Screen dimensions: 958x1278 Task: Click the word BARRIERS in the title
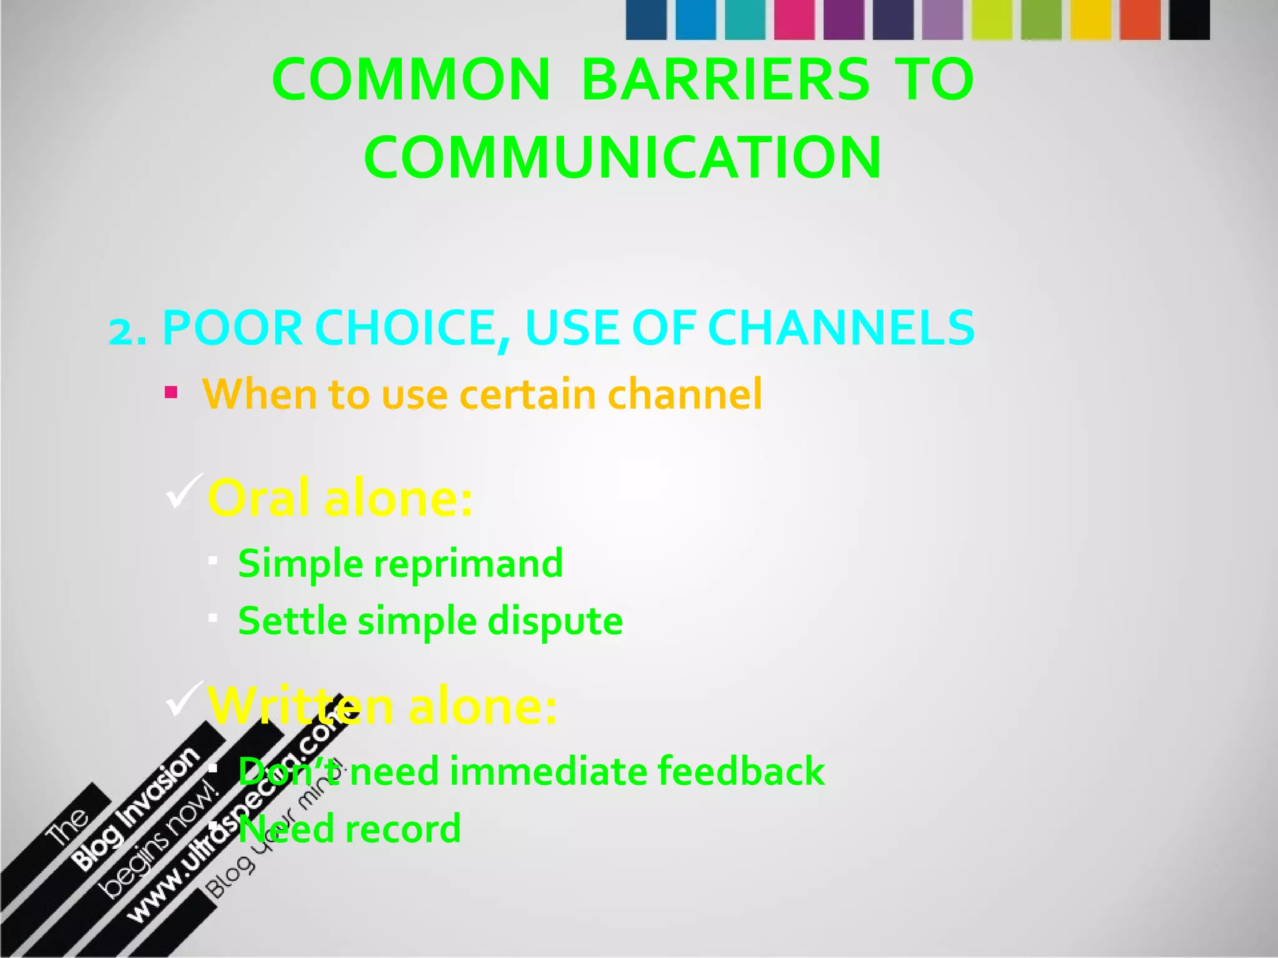click(x=725, y=80)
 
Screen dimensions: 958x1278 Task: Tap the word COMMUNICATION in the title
click(x=623, y=157)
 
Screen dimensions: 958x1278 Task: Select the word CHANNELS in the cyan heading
click(x=841, y=328)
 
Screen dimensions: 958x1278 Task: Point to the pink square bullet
click(x=171, y=392)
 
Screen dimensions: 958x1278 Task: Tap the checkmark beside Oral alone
click(x=183, y=491)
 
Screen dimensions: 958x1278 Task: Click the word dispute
click(x=555, y=621)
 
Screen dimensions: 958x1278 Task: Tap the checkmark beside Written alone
click(x=183, y=699)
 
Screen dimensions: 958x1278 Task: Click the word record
click(x=403, y=829)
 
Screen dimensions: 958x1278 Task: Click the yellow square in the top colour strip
click(x=1091, y=20)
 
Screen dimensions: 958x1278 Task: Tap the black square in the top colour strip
click(x=1189, y=20)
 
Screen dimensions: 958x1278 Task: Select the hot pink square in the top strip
click(x=794, y=20)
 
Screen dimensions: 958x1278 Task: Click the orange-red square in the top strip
click(x=1140, y=20)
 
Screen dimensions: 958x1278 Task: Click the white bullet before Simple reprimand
click(x=213, y=561)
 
